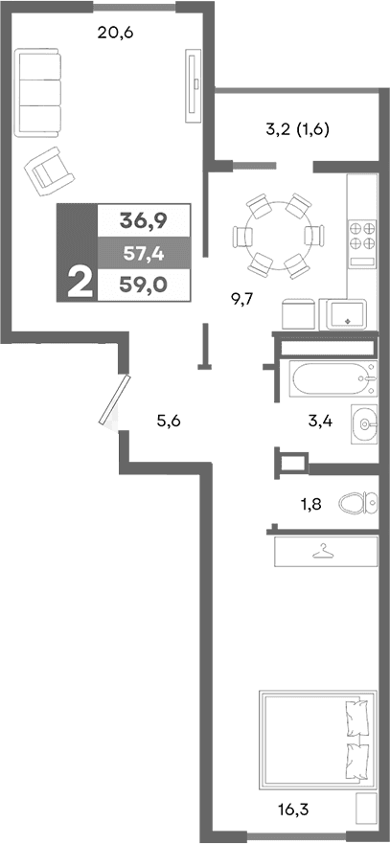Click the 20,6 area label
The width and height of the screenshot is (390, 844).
(x=115, y=33)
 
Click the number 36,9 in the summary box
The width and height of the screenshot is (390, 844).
(x=144, y=220)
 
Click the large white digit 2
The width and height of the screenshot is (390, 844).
(x=79, y=283)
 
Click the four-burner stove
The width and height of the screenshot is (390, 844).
(x=361, y=236)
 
